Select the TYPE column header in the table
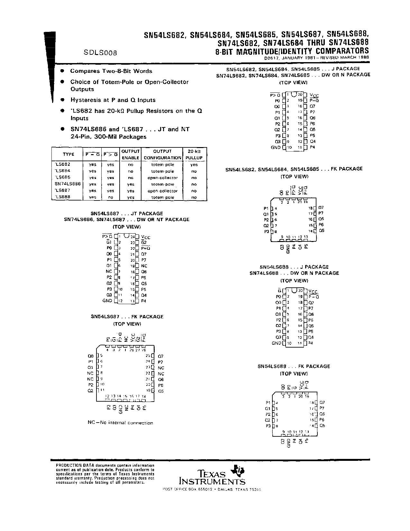(68, 154)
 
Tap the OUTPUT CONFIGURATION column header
(162, 154)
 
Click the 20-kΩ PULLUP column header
(194, 154)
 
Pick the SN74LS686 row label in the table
(68, 184)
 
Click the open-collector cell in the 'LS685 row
(162, 178)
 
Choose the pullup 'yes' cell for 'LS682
(194, 164)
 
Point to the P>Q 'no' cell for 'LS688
(110, 197)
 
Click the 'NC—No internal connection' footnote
(120, 423)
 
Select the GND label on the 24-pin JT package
(107, 301)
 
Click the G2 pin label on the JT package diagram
(144, 242)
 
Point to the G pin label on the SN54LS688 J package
(279, 290)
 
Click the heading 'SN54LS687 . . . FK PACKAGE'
(127, 317)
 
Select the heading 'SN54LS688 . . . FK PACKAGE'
(294, 366)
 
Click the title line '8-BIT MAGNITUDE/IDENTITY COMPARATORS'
(292, 51)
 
